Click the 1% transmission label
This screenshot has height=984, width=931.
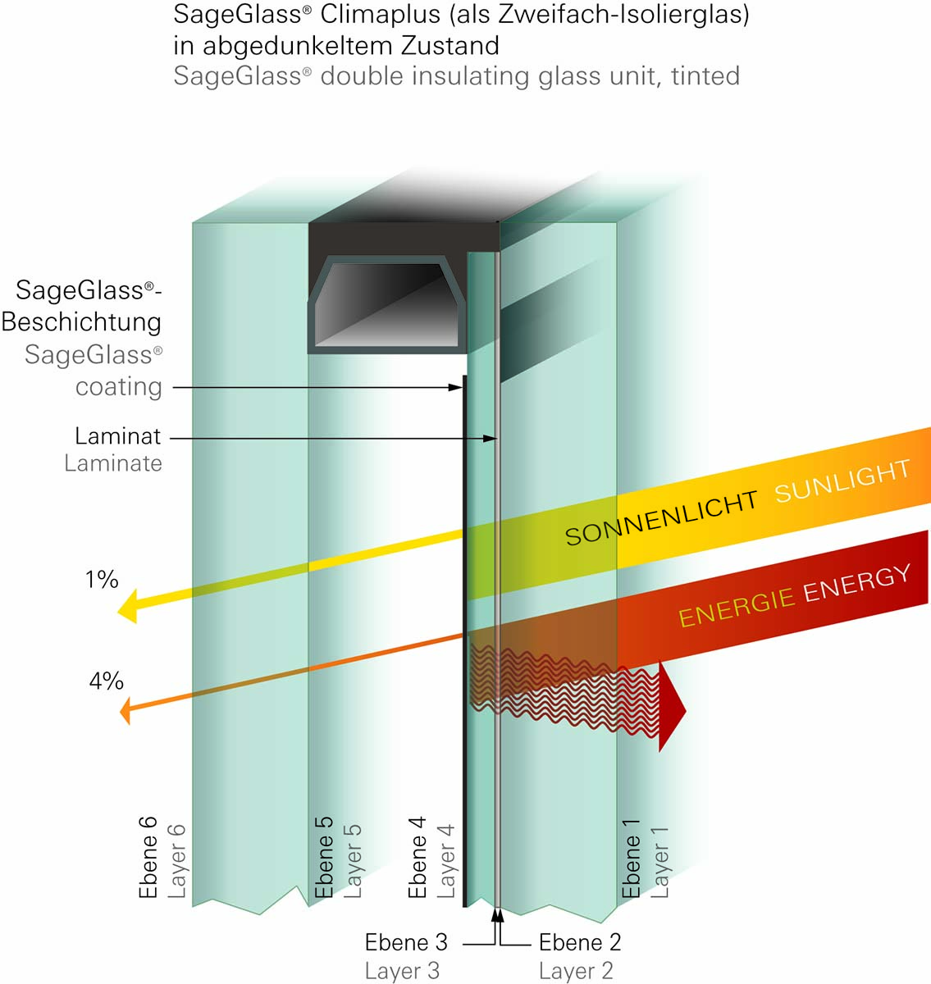[x=102, y=580]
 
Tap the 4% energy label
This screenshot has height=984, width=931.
[x=106, y=681]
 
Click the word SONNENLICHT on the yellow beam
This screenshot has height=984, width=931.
[x=661, y=518]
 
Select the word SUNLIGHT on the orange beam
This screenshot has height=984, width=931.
[x=842, y=481]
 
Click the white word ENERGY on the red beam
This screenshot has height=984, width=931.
[x=857, y=584]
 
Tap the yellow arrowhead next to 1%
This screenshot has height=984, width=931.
[x=127, y=606]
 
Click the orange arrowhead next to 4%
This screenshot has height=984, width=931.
[x=126, y=711]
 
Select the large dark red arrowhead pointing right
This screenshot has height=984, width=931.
[x=672, y=707]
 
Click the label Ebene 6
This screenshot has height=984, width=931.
[x=148, y=858]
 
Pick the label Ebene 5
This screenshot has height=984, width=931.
[x=324, y=857]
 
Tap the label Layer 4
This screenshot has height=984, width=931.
[x=445, y=861]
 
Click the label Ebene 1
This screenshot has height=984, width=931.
[x=631, y=859]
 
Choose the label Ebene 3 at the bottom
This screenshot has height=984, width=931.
[x=406, y=942]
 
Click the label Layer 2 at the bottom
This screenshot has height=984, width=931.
[x=576, y=971]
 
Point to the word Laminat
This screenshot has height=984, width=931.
[x=118, y=436]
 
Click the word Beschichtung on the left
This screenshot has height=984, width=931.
[x=81, y=321]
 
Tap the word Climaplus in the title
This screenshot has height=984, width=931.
[x=381, y=15]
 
